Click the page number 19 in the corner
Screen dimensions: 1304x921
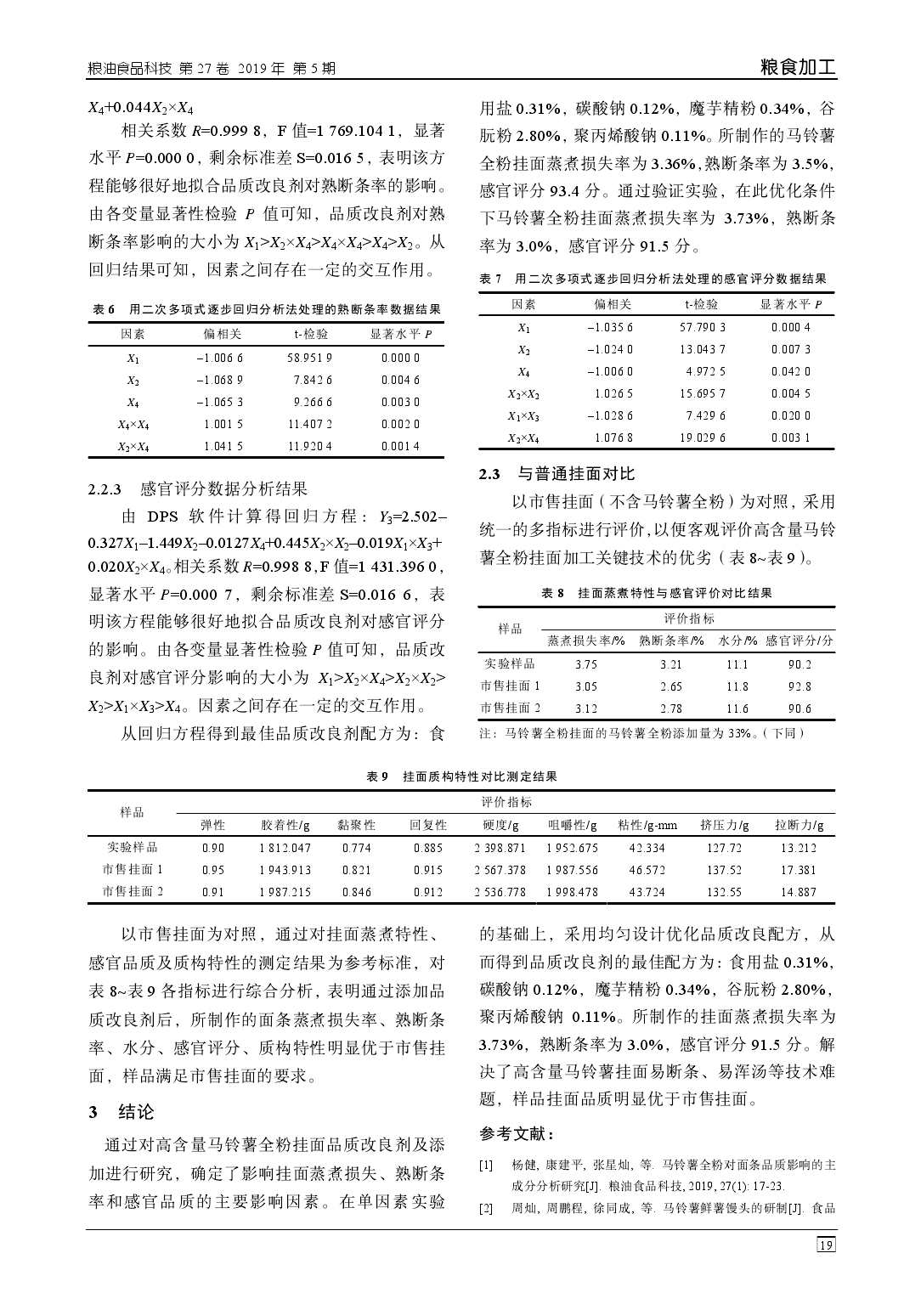point(825,1245)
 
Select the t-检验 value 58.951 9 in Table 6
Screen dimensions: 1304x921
point(309,358)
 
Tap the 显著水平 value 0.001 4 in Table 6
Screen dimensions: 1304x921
point(400,446)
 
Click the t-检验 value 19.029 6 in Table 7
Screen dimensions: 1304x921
point(702,438)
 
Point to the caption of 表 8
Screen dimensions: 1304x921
point(656,593)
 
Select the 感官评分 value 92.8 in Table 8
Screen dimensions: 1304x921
point(799,686)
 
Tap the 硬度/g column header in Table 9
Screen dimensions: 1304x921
point(500,825)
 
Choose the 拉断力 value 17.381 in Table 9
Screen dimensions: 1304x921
point(798,870)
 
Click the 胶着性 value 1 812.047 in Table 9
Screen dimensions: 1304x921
point(285,848)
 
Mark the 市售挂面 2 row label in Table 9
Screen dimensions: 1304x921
point(133,892)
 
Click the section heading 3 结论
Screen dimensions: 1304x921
point(123,1112)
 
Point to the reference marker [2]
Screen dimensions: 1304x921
point(486,1208)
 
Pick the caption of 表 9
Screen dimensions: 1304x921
point(461,776)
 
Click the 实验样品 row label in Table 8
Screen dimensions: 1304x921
point(510,664)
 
